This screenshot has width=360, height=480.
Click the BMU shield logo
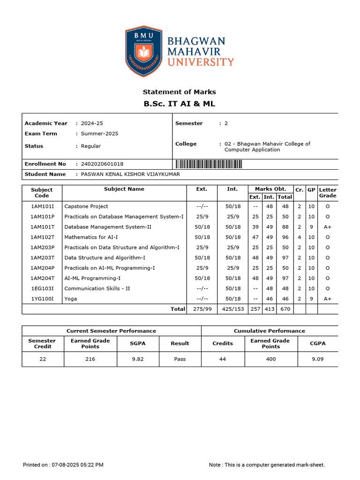143,52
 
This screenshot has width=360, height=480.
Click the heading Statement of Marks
179,92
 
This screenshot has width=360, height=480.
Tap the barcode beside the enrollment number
209,164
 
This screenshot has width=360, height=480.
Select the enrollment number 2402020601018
102,164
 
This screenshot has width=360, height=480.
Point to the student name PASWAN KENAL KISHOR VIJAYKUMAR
130,174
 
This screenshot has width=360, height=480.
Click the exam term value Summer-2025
99,134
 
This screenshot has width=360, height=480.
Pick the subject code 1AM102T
43,237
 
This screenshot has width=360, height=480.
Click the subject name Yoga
71,299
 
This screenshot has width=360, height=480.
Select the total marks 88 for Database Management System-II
285,227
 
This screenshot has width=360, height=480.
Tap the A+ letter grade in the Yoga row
327,299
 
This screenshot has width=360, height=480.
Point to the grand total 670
285,309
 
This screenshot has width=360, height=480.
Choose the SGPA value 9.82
137,359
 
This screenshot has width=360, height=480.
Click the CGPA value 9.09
317,359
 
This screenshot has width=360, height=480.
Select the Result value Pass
180,359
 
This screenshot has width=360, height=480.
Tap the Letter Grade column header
327,193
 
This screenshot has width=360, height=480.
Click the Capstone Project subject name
86,206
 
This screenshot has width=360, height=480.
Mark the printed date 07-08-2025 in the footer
67,465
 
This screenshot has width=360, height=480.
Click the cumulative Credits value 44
223,359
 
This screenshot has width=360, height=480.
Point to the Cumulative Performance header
269,331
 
